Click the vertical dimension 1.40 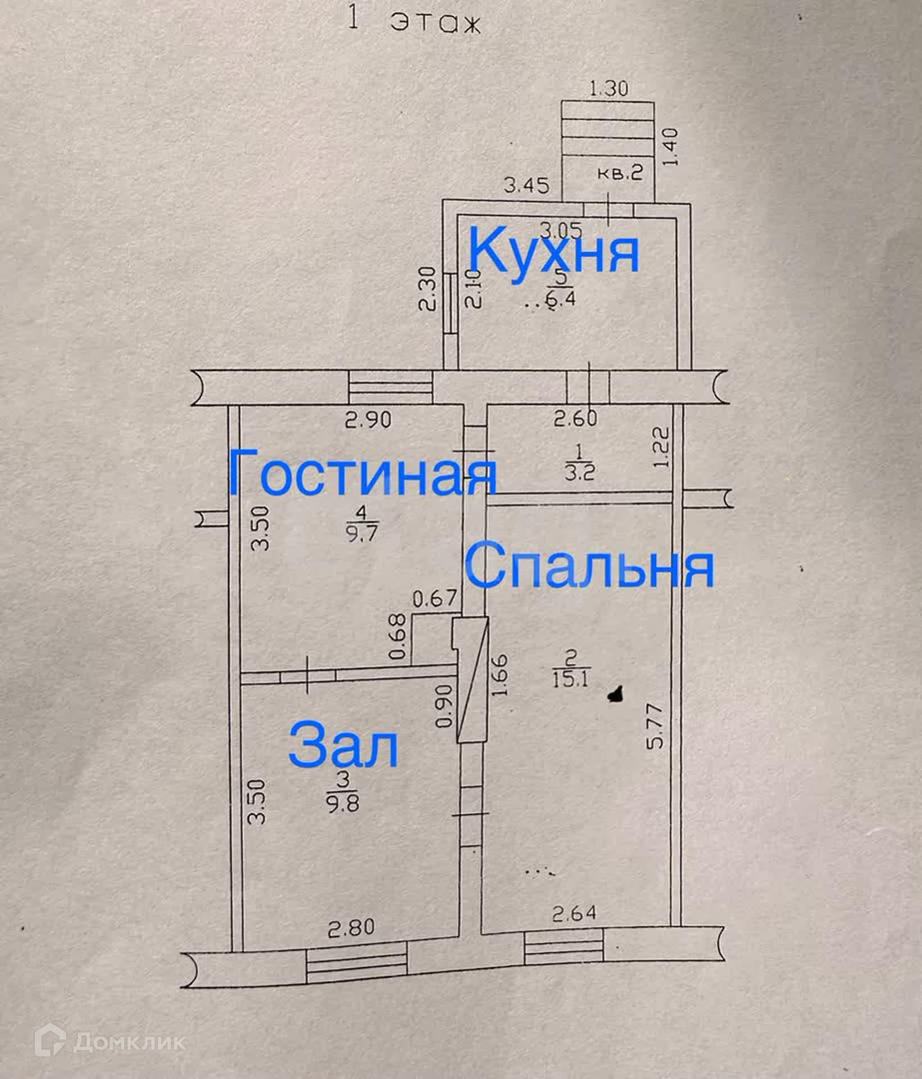672,148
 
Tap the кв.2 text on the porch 619,173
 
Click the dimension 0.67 435,599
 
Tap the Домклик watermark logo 111,1043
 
